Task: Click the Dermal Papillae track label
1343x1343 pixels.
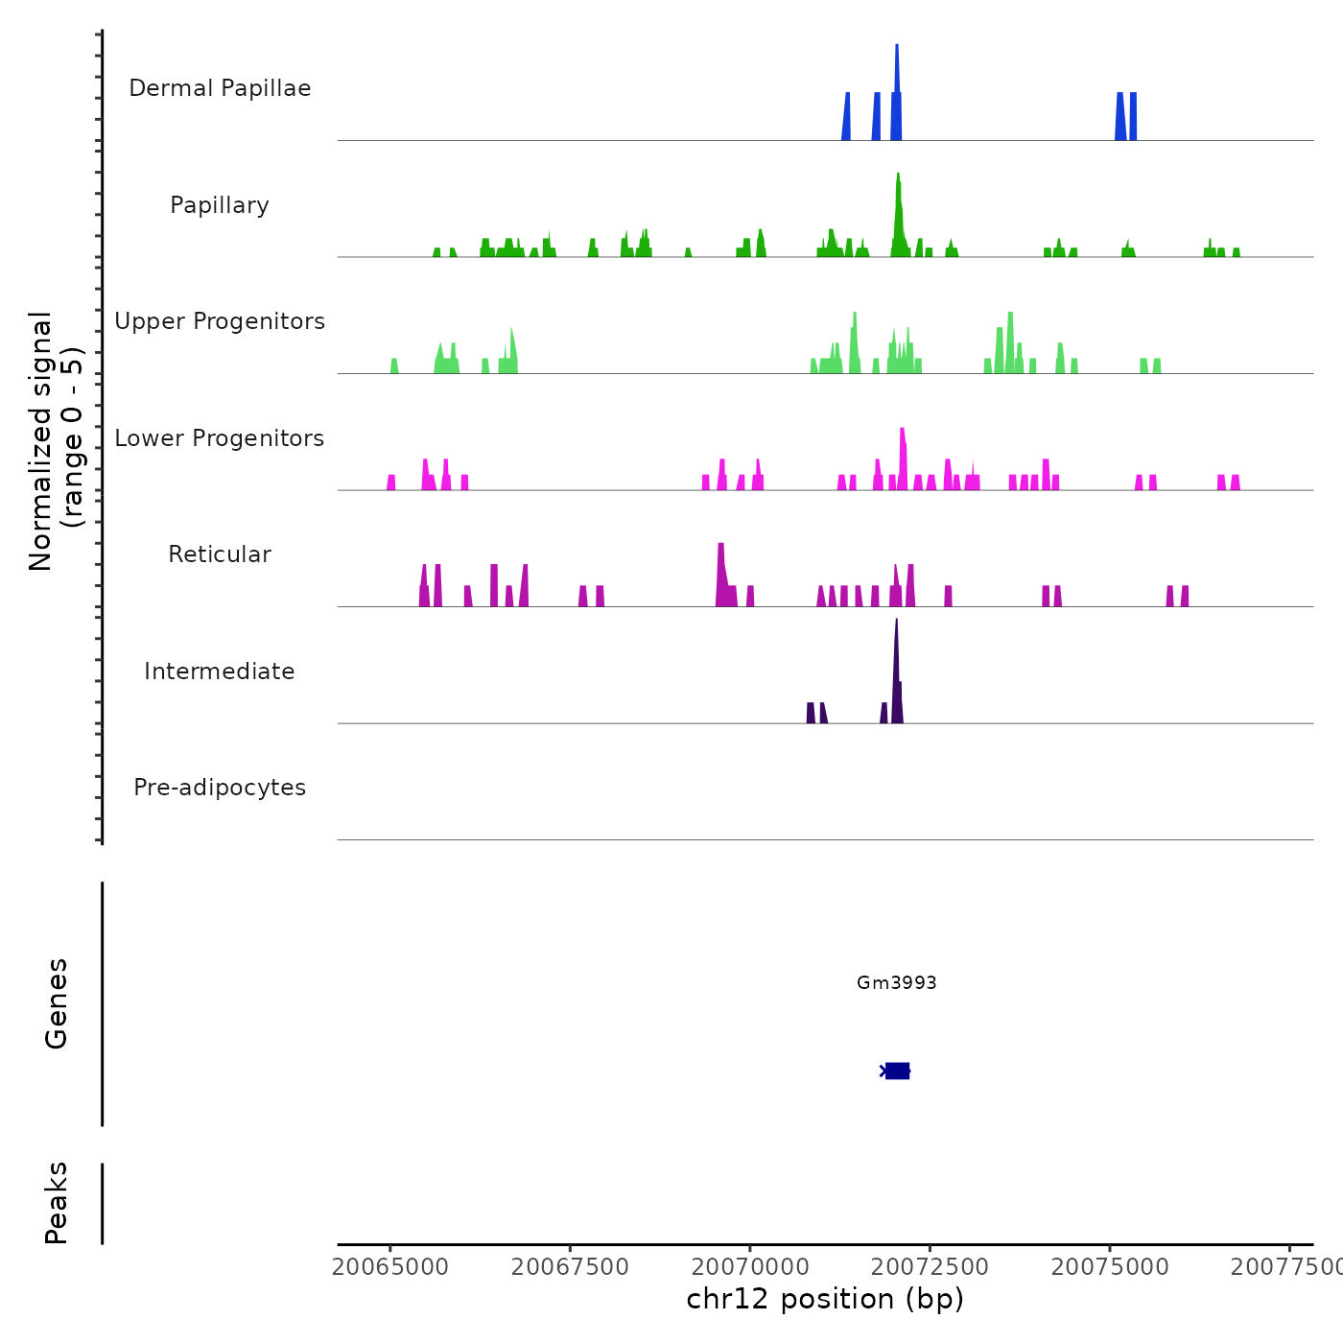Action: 220,88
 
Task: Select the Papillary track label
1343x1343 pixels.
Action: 220,205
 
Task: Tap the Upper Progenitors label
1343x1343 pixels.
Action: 220,321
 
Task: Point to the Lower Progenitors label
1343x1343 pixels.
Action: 220,438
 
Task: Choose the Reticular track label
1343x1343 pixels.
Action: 220,554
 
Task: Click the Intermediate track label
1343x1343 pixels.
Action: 220,671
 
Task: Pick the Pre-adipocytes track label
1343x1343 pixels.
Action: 220,788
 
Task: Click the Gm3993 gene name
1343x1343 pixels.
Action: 896,982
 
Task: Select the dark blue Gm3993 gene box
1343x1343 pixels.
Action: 897,1071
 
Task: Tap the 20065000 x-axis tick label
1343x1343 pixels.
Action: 390,1267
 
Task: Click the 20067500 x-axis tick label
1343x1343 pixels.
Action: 570,1267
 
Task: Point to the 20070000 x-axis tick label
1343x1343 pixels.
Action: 750,1267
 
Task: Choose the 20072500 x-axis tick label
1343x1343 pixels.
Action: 930,1267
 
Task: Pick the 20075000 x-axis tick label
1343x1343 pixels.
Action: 1110,1267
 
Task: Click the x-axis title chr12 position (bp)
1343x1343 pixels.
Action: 825,1299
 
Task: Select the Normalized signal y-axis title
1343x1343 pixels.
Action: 56,440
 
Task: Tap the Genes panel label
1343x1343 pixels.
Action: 56,1003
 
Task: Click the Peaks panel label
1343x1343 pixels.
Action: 56,1203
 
